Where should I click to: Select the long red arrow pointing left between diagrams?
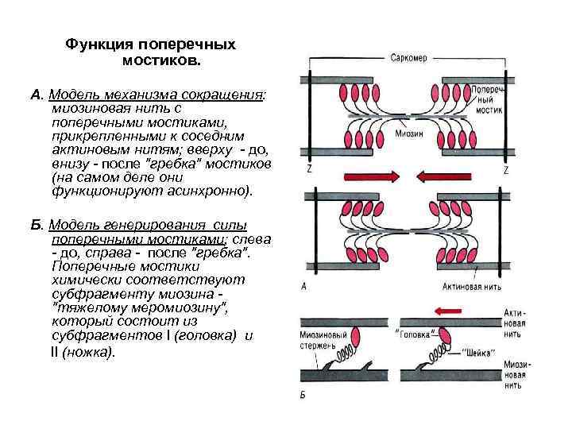coord(450,176)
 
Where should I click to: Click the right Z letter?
coord(505,170)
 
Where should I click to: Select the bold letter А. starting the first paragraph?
coord(36,95)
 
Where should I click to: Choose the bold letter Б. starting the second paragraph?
coord(37,226)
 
